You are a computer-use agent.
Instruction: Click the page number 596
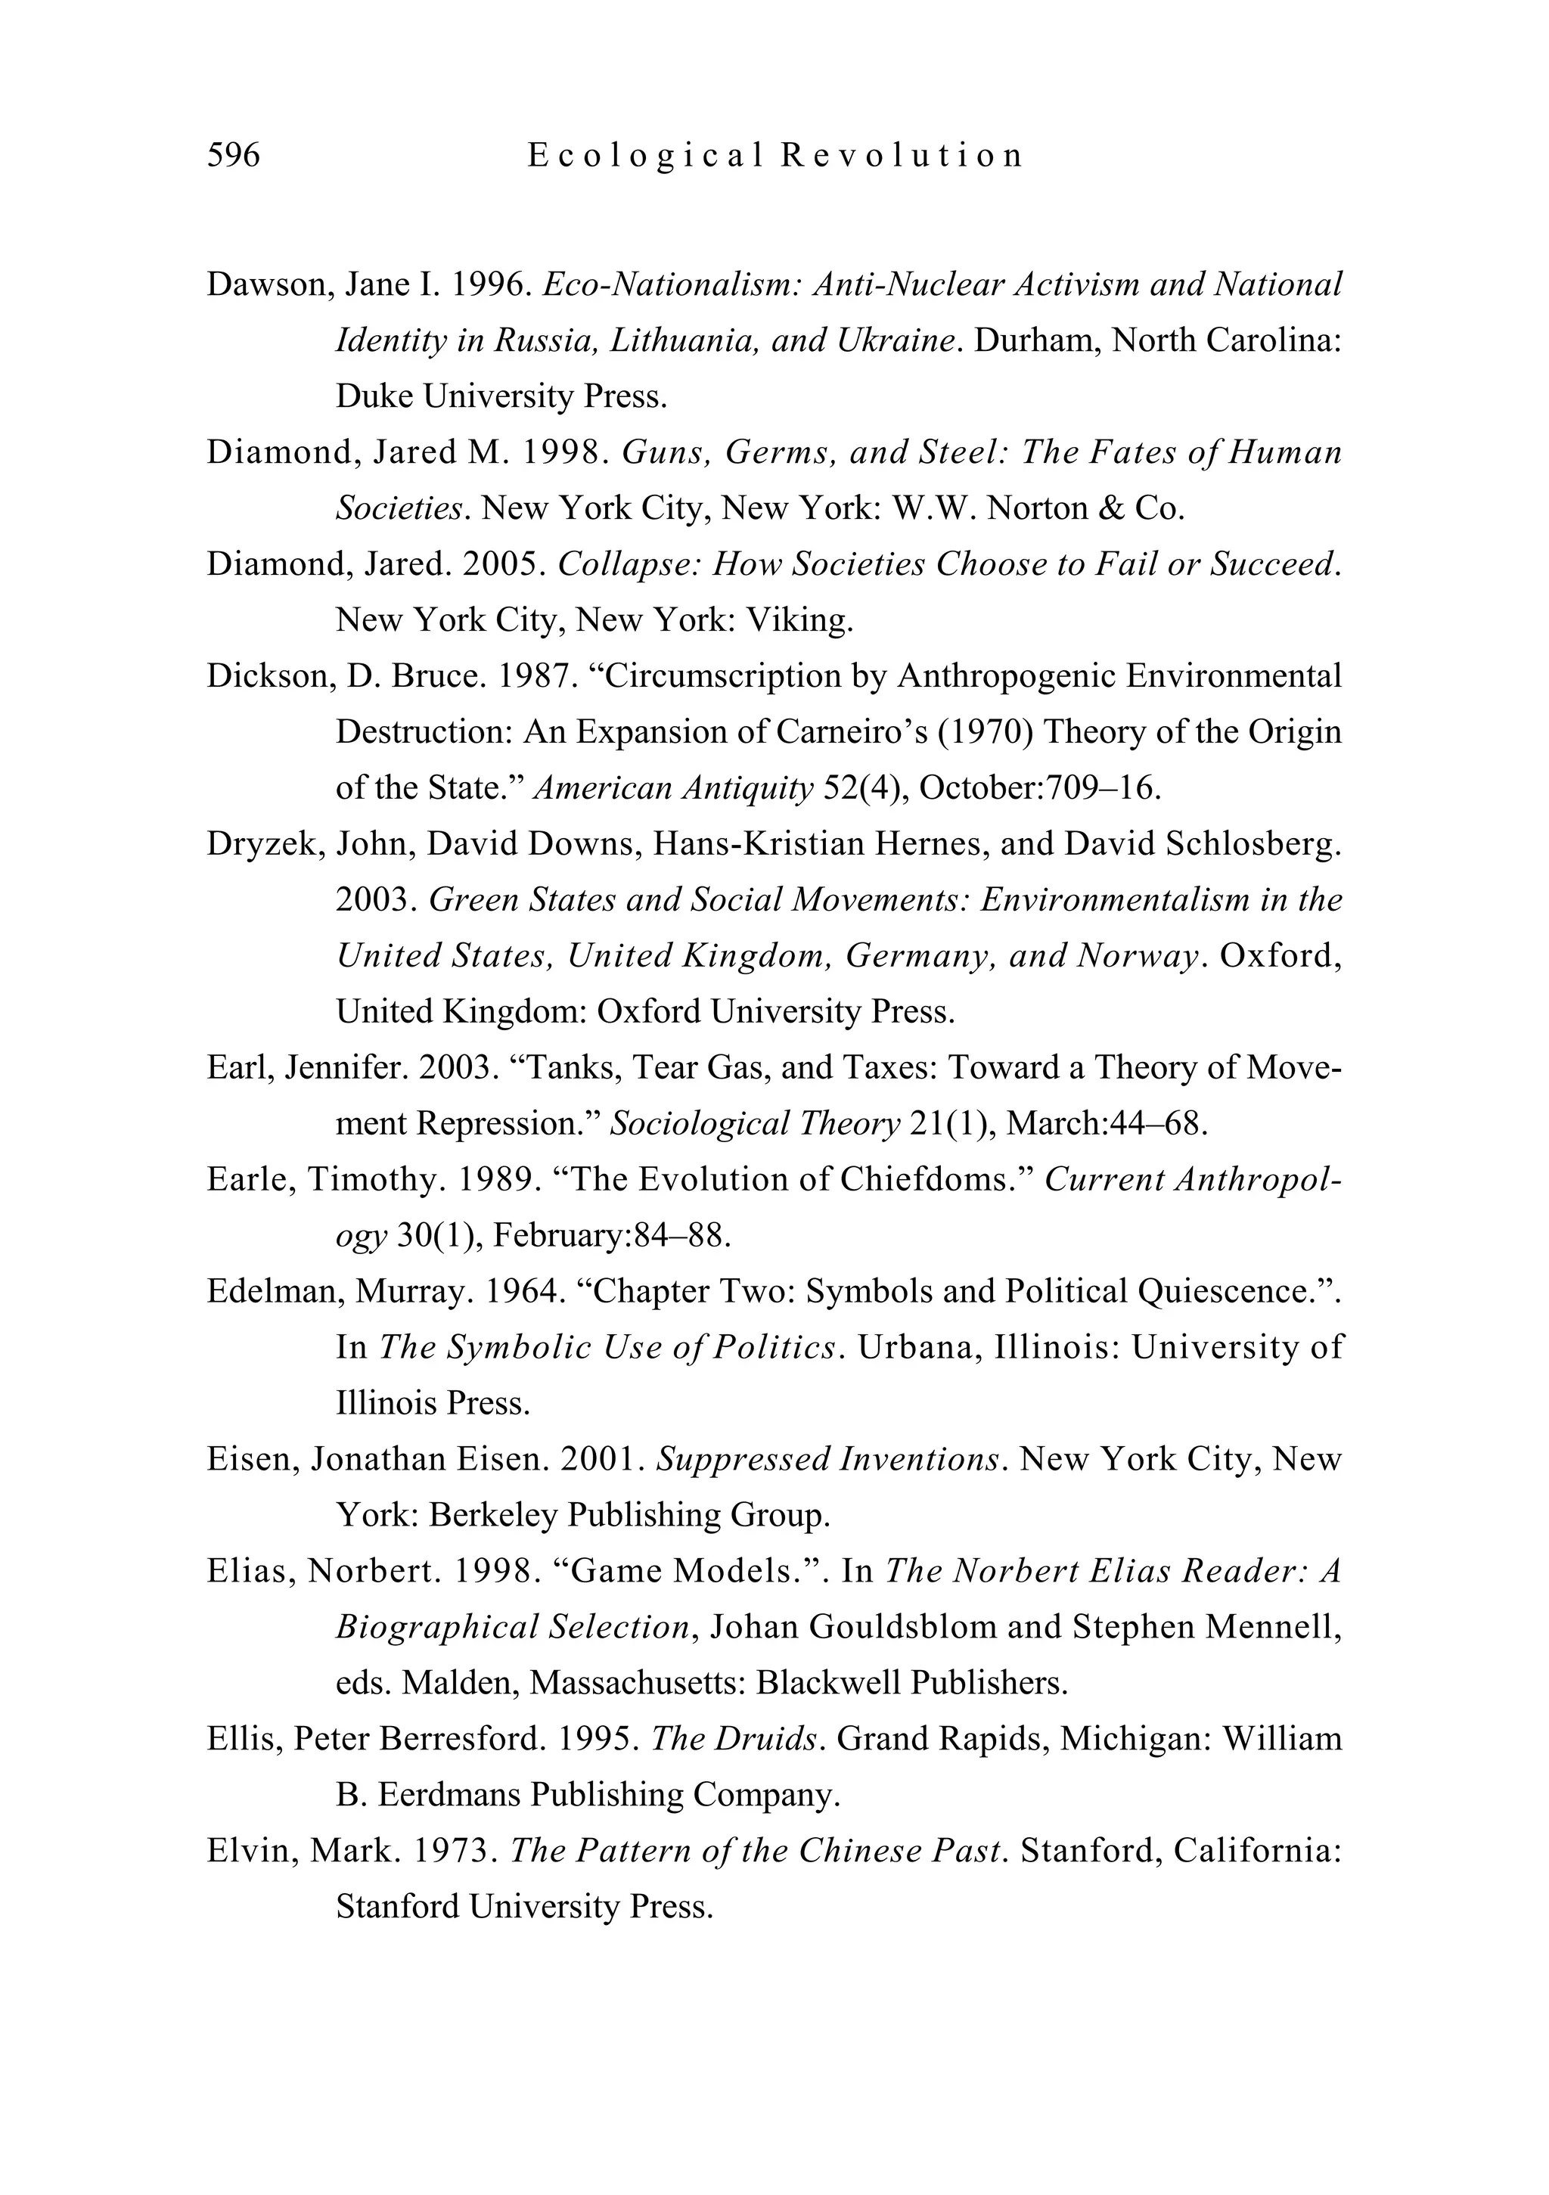point(233,155)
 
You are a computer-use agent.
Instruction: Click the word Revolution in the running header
point(902,155)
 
